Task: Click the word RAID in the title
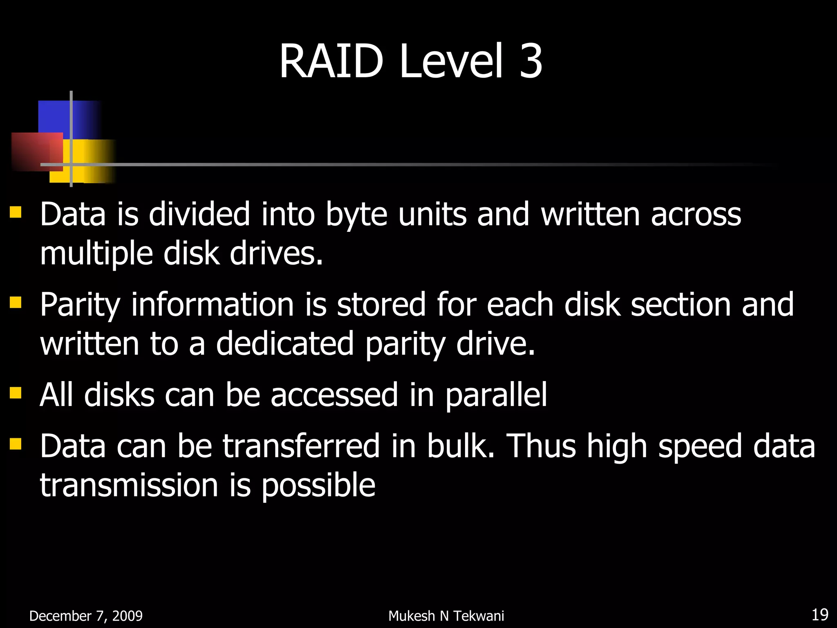(x=331, y=62)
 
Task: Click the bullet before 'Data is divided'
(x=16, y=212)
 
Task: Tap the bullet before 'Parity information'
(x=16, y=303)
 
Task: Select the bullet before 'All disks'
(x=16, y=393)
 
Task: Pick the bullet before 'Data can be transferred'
(x=16, y=444)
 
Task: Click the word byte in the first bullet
(x=356, y=215)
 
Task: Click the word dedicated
(x=285, y=344)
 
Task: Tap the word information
(x=213, y=305)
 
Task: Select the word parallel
(x=496, y=395)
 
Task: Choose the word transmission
(x=129, y=485)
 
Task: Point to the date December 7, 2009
(x=86, y=616)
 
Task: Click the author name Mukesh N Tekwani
(x=446, y=616)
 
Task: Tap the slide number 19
(x=819, y=615)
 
